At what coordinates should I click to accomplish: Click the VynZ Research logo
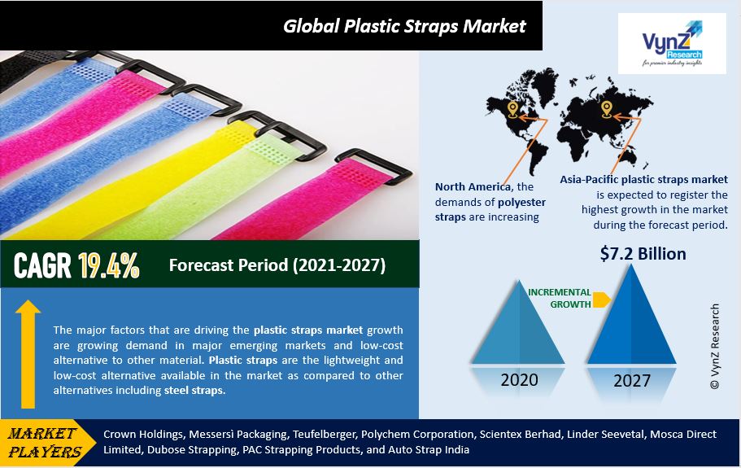[672, 43]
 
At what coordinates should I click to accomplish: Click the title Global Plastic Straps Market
[404, 26]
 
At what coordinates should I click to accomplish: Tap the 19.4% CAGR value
[109, 265]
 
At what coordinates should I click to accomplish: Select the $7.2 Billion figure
[643, 254]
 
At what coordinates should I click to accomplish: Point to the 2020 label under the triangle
[520, 380]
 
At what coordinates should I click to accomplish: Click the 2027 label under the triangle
[632, 381]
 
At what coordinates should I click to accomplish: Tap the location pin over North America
[512, 109]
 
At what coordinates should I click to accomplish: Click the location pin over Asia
[606, 109]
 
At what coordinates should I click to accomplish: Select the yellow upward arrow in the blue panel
[28, 354]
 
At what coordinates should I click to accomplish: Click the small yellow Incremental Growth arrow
[602, 300]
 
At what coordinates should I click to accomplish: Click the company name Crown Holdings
[142, 434]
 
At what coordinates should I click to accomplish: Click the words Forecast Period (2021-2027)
[277, 265]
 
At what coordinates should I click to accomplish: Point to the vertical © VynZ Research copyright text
[715, 347]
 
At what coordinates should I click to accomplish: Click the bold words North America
[473, 186]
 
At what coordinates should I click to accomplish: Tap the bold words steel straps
[194, 391]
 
